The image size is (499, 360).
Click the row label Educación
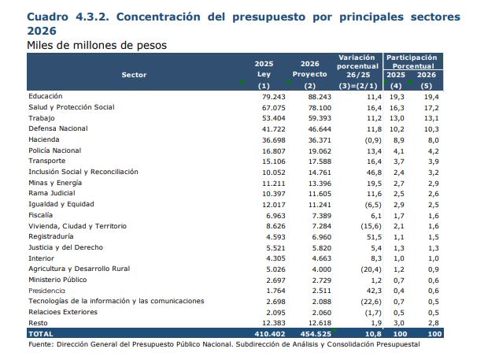coord(46,95)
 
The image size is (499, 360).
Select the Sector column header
coord(134,74)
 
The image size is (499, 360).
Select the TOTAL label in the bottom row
coord(42,334)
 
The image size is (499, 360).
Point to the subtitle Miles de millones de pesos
coord(96,46)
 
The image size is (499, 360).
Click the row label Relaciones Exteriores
coord(62,312)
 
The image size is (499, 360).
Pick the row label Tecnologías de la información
coord(116,301)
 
